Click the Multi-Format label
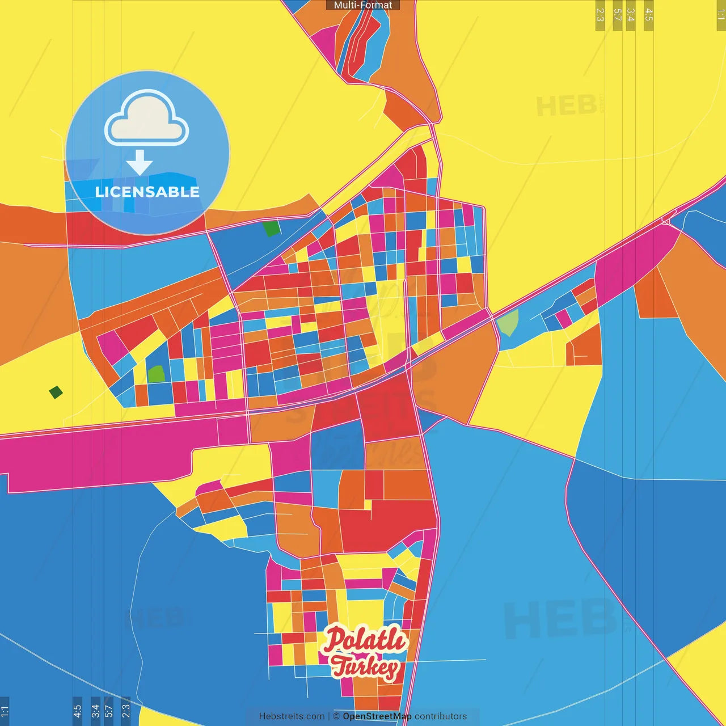363,5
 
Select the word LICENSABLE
147,192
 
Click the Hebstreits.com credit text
292,716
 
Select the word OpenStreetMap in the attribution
377,716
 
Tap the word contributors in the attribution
441,716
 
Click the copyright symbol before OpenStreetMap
336,716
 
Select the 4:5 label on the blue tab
78,711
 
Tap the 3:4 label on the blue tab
95,711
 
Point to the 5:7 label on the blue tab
109,711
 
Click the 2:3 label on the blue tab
126,711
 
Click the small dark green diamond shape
56,392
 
